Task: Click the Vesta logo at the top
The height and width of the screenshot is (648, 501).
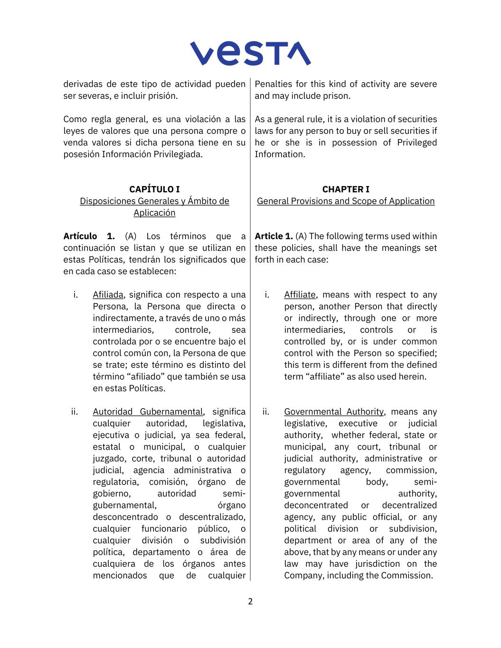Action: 250,53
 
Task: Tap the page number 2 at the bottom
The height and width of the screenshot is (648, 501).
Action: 250,601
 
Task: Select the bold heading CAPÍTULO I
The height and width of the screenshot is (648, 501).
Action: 154,189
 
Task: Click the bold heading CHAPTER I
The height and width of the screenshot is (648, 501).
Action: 346,189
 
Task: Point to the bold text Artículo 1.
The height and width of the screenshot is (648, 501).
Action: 89,236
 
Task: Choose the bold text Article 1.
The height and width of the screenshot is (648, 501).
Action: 274,236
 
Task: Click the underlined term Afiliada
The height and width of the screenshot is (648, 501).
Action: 108,295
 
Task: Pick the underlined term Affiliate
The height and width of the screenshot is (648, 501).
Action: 300,295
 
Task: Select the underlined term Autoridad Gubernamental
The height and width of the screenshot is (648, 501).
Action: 148,412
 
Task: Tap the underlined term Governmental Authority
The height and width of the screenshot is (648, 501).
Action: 334,412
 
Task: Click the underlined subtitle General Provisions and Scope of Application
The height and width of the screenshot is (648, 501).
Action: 346,201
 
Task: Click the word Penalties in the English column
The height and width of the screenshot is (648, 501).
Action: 273,84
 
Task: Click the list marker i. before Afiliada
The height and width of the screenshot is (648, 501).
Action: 76,295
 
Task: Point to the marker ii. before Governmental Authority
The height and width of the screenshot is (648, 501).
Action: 265,412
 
